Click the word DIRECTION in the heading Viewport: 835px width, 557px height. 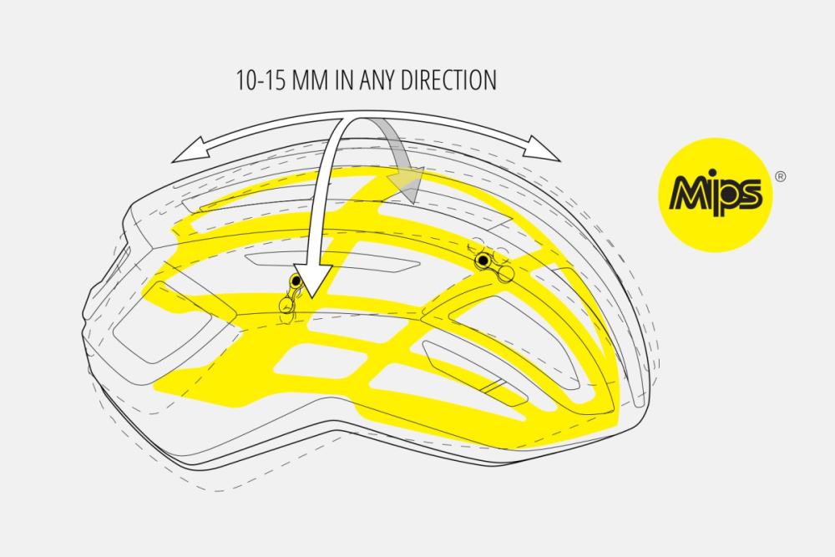[448, 80]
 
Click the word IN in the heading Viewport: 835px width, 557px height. [344, 80]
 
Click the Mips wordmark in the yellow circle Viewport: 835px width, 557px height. [716, 195]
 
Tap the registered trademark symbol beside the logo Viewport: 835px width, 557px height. [780, 176]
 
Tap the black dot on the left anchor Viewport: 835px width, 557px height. [296, 281]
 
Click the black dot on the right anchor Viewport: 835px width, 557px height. [483, 261]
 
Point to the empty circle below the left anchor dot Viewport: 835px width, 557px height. [286, 306]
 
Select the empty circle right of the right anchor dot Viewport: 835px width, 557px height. [506, 274]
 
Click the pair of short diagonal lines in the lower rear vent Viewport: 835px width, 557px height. [493, 387]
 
